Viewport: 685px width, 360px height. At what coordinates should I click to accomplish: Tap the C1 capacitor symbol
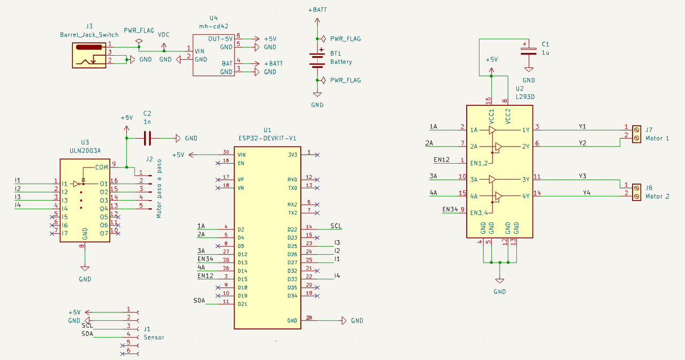[529, 51]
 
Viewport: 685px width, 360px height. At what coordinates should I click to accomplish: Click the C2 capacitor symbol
[148, 138]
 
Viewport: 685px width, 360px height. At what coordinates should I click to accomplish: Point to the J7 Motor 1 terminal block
[636, 134]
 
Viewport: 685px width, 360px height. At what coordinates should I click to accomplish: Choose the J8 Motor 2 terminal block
[636, 192]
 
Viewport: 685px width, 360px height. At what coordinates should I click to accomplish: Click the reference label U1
[268, 130]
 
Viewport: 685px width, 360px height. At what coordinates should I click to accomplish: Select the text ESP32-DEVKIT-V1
[268, 138]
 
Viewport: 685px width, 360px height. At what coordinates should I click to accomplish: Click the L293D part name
[525, 97]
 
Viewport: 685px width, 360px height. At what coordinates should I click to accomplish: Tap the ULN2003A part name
[85, 150]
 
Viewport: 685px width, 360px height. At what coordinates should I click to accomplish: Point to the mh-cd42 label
[213, 26]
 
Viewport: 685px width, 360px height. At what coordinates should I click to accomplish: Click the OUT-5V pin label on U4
[220, 39]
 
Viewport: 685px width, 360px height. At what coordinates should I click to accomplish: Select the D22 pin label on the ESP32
[292, 229]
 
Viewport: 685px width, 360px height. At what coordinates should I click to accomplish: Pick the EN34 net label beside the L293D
[450, 210]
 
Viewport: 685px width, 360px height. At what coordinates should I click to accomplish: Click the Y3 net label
[582, 175]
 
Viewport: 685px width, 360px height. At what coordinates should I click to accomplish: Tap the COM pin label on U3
[101, 167]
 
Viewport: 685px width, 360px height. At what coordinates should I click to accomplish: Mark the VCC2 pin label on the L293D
[508, 117]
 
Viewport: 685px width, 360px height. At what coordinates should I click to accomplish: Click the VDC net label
[163, 34]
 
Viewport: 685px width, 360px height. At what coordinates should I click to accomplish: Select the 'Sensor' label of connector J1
[154, 338]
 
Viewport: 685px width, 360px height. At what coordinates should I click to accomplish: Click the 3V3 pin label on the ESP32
[292, 155]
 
